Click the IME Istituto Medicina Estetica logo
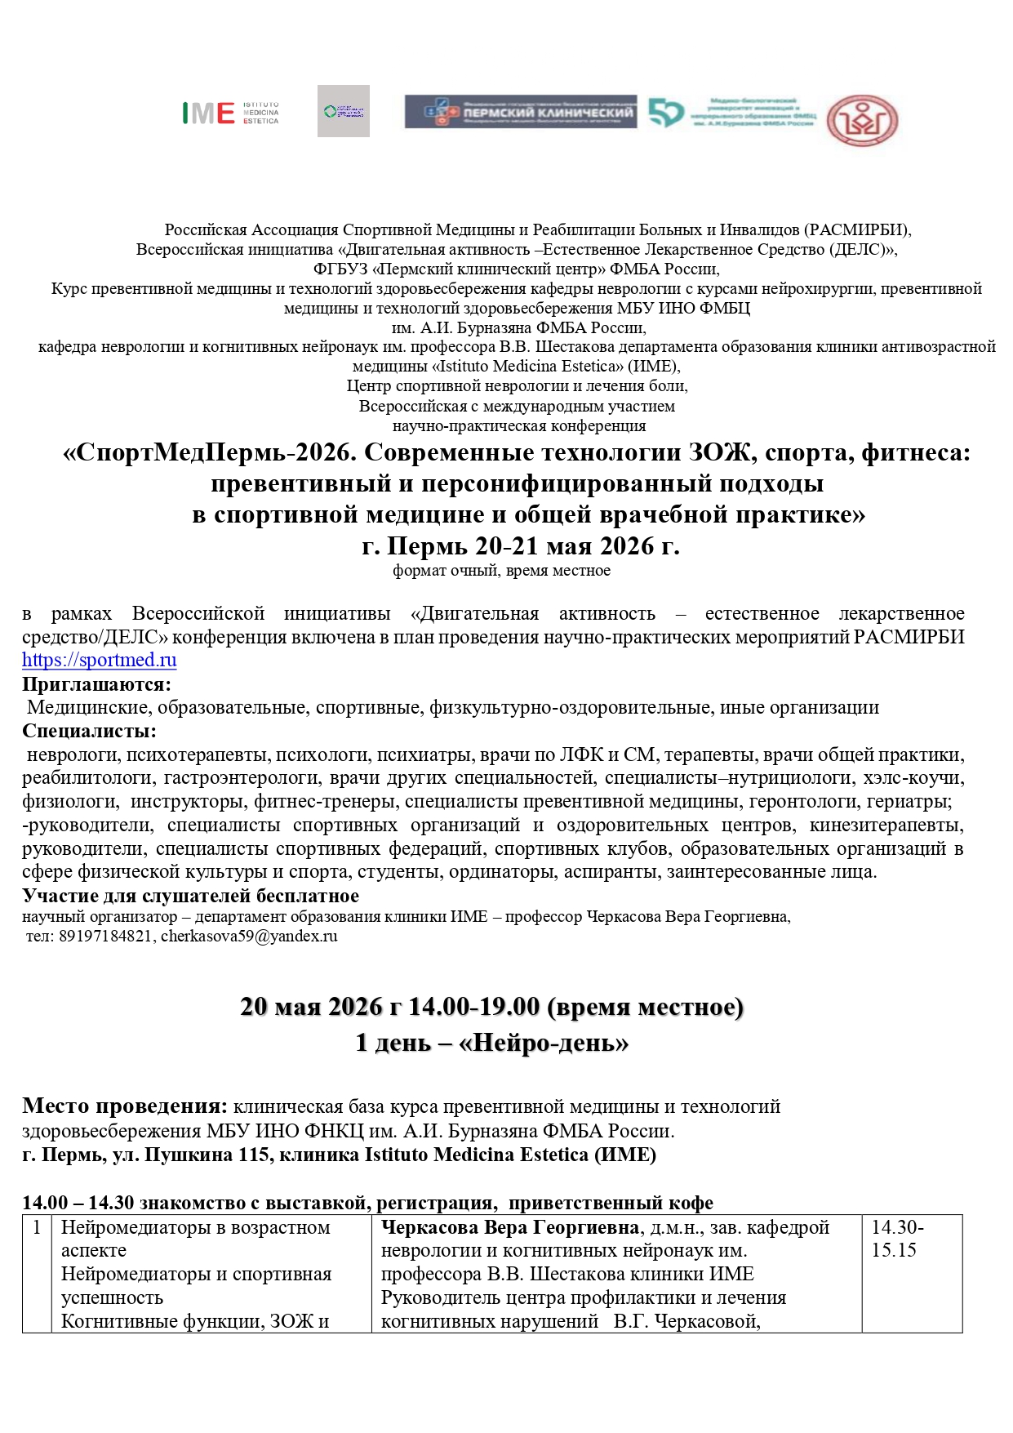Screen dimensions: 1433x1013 coord(230,113)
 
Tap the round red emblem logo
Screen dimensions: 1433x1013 coord(862,120)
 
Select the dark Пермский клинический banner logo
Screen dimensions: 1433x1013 coord(521,112)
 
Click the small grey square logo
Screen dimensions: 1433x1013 coord(343,111)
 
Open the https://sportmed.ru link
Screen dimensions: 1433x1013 coord(99,660)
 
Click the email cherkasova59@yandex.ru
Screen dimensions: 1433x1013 coord(249,937)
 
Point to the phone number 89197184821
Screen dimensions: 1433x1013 coord(105,937)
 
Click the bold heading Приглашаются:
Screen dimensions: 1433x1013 coord(96,684)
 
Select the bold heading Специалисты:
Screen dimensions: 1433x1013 coord(89,731)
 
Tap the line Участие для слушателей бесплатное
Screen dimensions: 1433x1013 coord(190,896)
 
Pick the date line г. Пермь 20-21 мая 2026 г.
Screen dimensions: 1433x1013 coord(520,545)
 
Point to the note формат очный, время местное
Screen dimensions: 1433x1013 coord(501,571)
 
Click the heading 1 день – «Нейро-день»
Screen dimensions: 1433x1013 coord(491,1043)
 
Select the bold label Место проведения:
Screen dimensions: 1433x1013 coord(124,1106)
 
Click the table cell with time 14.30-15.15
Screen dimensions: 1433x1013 coord(897,1239)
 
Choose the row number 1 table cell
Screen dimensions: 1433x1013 coord(36,1227)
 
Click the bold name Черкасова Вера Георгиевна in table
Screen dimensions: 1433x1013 coord(510,1227)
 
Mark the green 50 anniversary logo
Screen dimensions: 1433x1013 coord(665,113)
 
